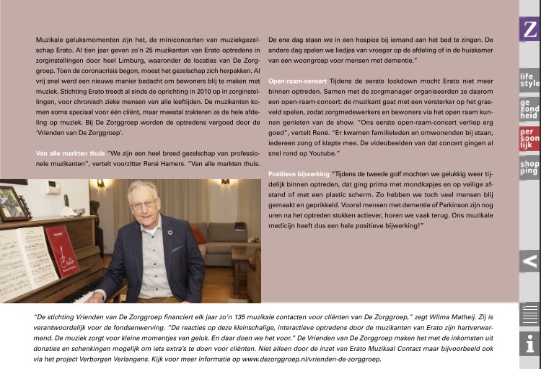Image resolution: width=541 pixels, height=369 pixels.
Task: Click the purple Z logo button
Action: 530,29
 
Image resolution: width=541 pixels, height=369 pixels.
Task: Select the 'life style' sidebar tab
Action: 530,79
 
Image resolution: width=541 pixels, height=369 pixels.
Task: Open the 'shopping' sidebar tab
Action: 530,168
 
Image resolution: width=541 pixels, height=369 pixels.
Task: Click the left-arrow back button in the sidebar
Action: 530,261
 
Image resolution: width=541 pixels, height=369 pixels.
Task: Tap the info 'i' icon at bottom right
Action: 530,344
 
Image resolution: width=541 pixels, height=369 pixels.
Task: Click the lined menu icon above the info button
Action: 530,315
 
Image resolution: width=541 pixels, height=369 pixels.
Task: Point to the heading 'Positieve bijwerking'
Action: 298,175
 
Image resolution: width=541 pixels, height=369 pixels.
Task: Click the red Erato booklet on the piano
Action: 63,251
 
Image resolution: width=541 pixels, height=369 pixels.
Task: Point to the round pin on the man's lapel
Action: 169,233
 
